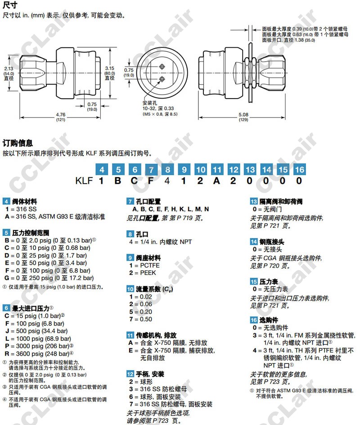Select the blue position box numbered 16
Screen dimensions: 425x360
point(298,170)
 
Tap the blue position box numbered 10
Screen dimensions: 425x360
point(200,170)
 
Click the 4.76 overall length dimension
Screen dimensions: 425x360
point(60,115)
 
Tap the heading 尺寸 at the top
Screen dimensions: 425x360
point(10,6)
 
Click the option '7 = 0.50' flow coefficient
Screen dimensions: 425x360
point(140,319)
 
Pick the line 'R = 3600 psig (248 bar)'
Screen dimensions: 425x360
point(38,353)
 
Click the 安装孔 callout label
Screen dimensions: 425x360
point(149,103)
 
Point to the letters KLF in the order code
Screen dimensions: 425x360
point(84,181)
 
